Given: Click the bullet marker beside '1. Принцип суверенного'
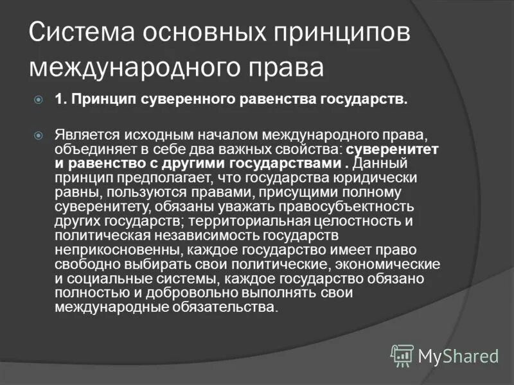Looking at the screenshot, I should [x=39, y=99].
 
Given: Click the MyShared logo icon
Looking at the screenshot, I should [x=402, y=354].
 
